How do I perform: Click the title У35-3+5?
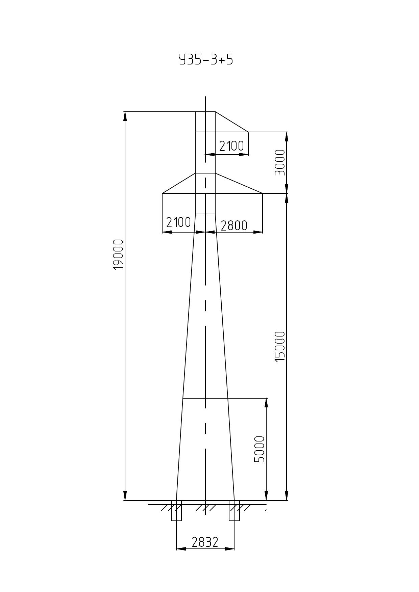pos(206,59)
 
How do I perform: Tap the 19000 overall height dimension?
pos(118,254)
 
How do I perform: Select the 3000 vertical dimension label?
pos(280,163)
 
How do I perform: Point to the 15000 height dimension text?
pos(280,346)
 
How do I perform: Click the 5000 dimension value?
pos(260,449)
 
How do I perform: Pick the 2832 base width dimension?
pos(205,542)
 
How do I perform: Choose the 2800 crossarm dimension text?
pos(234,225)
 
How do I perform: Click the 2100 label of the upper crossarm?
pos(231,146)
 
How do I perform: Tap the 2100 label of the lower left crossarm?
pos(178,222)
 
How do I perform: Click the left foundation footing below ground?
pos(176,511)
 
